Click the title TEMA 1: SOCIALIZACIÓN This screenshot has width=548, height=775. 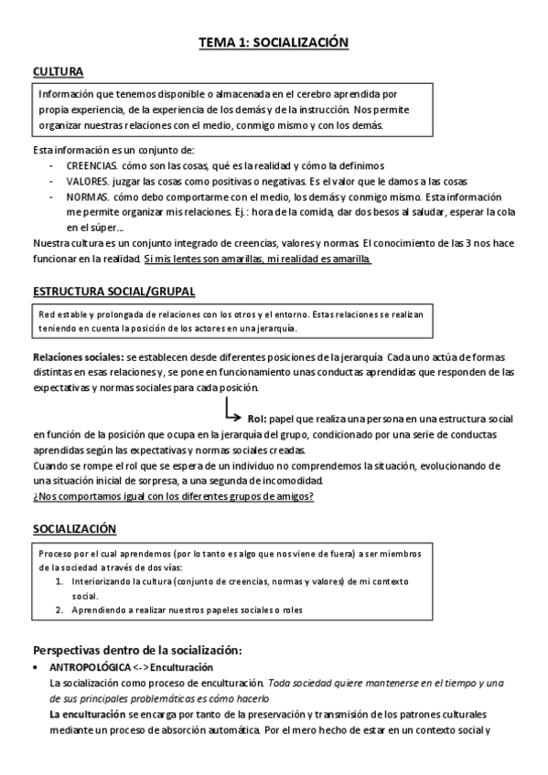coord(274,43)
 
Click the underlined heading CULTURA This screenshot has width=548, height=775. coord(59,71)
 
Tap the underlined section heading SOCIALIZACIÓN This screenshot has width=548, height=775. coord(75,529)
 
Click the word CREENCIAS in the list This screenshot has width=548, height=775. coord(91,165)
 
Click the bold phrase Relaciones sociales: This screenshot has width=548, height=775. coord(78,356)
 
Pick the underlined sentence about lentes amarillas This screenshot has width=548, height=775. coord(258,259)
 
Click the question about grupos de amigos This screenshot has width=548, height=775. coord(173,496)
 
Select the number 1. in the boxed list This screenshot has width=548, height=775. coord(58,581)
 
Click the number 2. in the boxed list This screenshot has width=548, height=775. coord(58,610)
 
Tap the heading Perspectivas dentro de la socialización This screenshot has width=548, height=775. coord(137,650)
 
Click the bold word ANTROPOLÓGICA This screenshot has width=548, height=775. coord(91,668)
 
